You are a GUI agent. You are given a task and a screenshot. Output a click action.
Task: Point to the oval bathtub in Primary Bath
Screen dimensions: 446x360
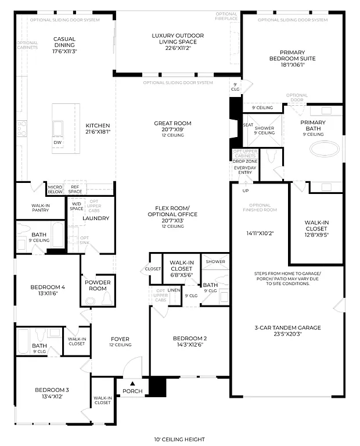[325, 149]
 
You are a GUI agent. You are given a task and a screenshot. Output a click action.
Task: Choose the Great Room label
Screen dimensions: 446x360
[172, 126]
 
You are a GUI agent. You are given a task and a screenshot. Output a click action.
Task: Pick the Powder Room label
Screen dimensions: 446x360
[98, 285]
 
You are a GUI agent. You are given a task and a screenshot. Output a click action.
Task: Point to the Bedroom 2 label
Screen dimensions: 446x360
[189, 341]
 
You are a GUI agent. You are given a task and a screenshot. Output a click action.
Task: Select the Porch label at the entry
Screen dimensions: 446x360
[132, 391]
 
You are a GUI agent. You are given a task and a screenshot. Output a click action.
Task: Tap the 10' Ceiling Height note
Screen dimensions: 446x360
[179, 440]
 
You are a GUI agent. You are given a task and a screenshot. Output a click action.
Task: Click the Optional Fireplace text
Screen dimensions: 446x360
[226, 16]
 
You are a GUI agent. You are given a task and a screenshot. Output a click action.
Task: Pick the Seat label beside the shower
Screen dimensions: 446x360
[248, 125]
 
